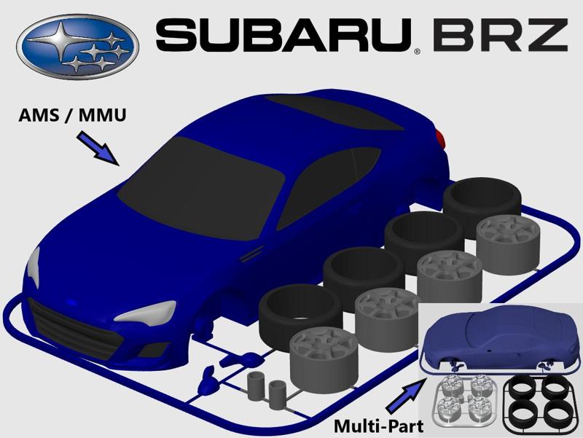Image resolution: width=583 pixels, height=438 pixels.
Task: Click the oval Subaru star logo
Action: click(x=77, y=47)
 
